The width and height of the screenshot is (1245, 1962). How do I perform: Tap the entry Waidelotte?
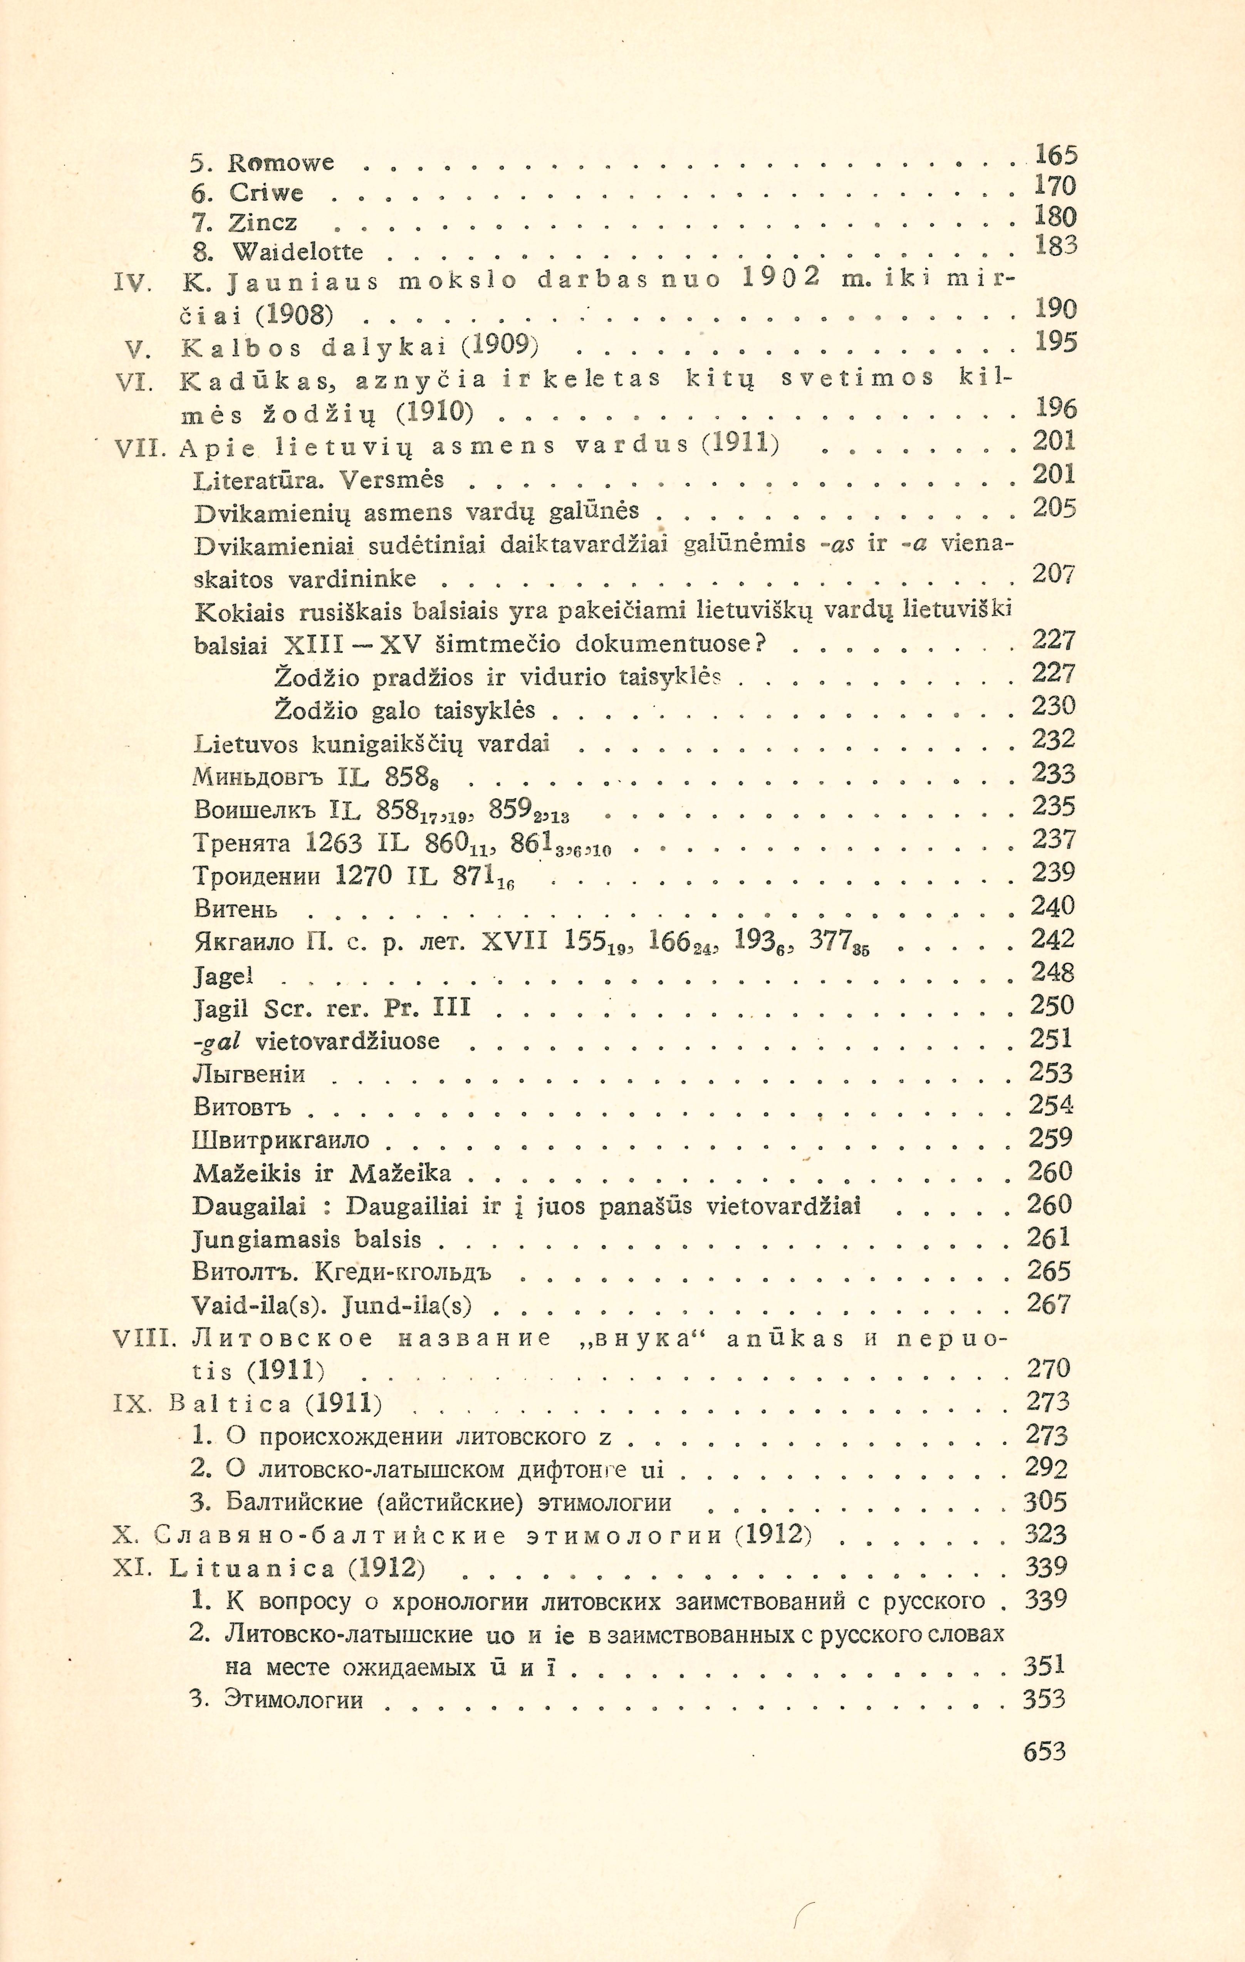297,252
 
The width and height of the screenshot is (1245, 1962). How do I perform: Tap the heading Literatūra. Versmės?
319,480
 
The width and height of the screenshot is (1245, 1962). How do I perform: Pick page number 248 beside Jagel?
1053,972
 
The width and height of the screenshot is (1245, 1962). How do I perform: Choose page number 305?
1045,1502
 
